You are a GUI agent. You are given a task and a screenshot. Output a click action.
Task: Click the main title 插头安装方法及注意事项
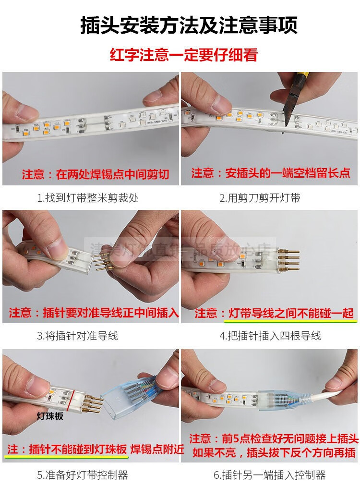coord(189,25)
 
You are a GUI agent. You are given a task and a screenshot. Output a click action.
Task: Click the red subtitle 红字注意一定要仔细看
coord(184,54)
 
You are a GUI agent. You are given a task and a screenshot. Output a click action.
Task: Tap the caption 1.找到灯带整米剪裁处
coord(88,198)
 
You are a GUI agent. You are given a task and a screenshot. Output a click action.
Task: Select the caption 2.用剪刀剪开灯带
coord(260,198)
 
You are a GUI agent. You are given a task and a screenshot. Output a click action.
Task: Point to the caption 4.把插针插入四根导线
coord(270,336)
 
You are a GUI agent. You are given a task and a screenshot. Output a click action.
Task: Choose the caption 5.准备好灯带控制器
coord(83,475)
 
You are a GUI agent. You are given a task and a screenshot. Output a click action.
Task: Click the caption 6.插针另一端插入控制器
coord(270,475)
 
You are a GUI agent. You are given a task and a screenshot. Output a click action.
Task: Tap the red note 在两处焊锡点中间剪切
coord(96,174)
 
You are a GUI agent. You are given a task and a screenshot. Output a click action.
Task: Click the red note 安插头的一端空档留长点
coord(271,173)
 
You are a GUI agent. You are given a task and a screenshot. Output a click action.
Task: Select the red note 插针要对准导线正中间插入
coord(94,313)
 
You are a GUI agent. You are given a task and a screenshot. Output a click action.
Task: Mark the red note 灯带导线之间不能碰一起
coord(274,314)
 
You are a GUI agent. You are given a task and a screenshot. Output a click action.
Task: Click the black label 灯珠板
coord(50,416)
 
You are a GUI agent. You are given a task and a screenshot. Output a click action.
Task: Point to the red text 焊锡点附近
coord(157,449)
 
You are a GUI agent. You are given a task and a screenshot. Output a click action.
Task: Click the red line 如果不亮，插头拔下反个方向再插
coord(274,452)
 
